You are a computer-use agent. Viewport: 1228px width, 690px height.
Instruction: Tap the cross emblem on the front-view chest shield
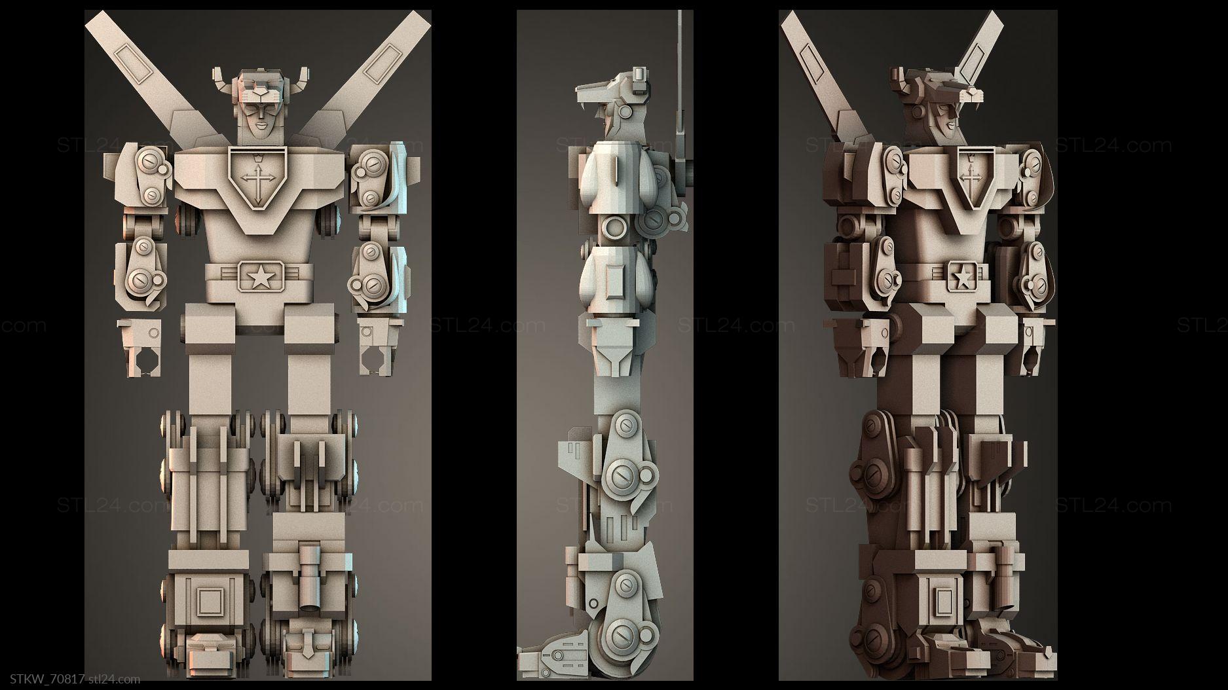pyautogui.click(x=256, y=181)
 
